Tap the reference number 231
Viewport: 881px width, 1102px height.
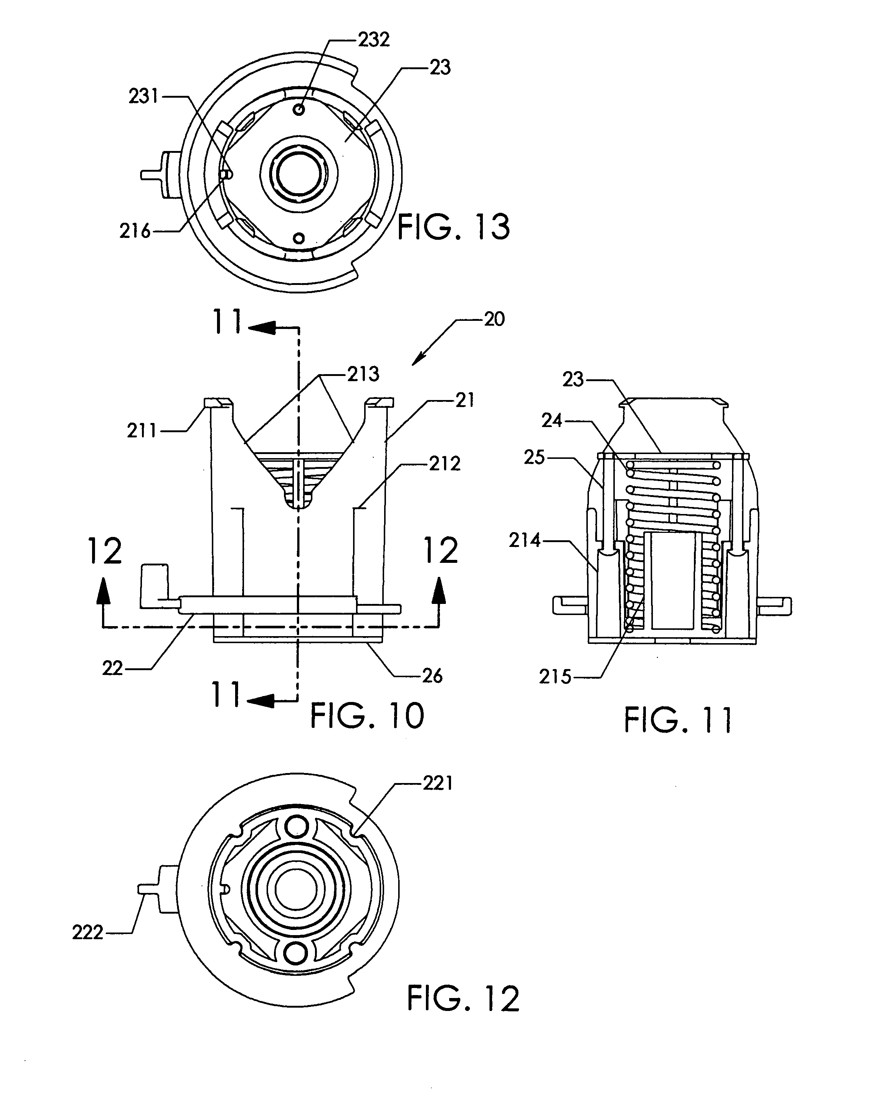144,96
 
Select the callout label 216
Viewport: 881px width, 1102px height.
135,232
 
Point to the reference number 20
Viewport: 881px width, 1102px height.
494,319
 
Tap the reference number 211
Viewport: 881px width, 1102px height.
142,431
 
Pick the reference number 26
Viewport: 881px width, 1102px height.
432,676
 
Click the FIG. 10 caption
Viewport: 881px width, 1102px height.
367,716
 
